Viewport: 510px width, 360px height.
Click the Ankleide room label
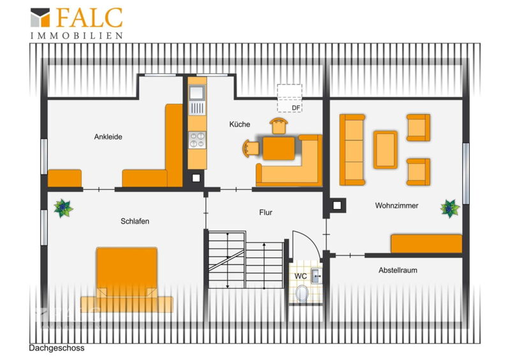click(108, 137)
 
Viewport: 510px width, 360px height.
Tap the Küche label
click(240, 124)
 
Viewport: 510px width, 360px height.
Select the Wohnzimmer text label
click(397, 206)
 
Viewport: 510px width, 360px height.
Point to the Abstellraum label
click(398, 270)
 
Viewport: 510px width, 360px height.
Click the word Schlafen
click(135, 222)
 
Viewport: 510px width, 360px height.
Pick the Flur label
click(265, 212)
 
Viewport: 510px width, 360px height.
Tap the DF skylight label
click(296, 108)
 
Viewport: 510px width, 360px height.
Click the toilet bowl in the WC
click(302, 294)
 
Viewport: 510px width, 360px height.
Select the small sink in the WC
click(316, 276)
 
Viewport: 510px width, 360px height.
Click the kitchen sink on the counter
click(197, 92)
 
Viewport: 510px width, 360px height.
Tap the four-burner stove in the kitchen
click(197, 140)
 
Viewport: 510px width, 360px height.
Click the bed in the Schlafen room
click(126, 280)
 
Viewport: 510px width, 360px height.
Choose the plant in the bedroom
click(63, 208)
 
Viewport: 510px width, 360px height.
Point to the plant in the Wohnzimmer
click(450, 208)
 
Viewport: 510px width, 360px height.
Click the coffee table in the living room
click(385, 150)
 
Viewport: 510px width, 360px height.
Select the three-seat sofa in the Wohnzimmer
click(352, 150)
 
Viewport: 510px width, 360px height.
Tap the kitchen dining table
click(279, 148)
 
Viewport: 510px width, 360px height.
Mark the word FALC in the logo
click(89, 18)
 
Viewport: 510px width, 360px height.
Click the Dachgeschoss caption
click(57, 348)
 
